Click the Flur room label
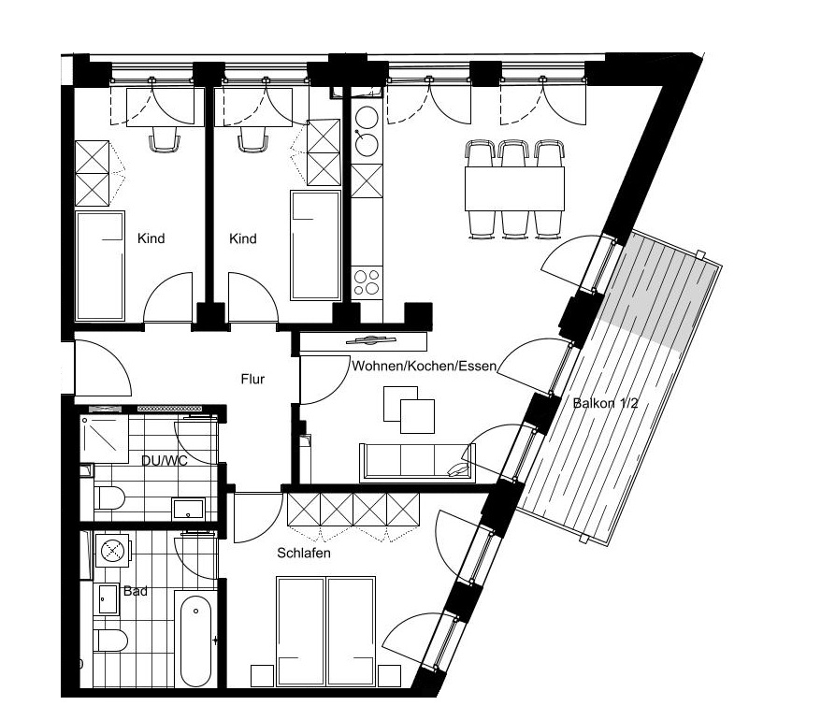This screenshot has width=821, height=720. (x=252, y=379)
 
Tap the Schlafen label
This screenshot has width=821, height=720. (x=304, y=553)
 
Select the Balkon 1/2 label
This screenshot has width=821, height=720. (x=605, y=403)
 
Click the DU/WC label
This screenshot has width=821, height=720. (x=165, y=460)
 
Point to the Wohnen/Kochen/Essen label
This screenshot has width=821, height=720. (x=424, y=366)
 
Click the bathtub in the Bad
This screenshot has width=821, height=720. (x=195, y=640)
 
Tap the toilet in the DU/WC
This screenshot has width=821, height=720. (x=109, y=498)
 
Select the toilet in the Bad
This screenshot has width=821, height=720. (x=111, y=641)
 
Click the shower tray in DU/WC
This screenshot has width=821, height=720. (x=105, y=439)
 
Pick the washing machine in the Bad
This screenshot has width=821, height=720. (x=111, y=550)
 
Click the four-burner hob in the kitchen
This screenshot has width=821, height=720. (x=367, y=282)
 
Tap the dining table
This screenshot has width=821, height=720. (x=514, y=189)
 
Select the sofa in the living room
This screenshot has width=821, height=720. (x=418, y=463)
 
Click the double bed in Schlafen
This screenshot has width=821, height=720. (x=325, y=631)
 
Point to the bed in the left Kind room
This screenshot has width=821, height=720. (x=101, y=266)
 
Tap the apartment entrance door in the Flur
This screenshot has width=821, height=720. (x=103, y=368)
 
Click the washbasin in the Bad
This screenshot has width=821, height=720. (x=108, y=598)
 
